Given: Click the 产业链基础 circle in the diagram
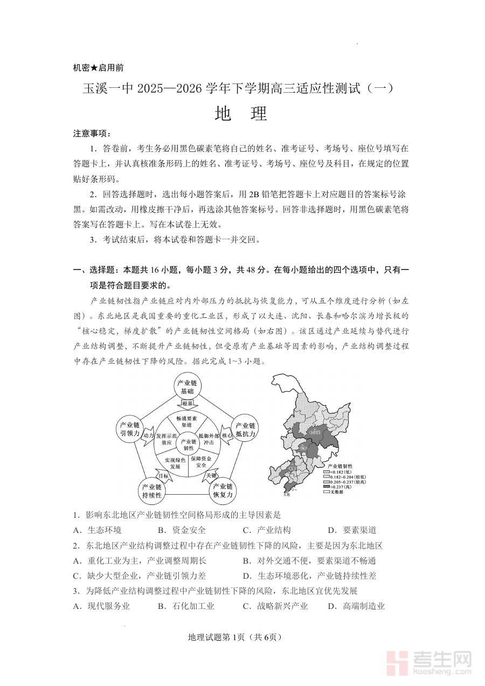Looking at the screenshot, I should tap(187, 386).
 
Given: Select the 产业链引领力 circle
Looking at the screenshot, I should tap(130, 429).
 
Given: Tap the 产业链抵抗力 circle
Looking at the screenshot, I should tap(243, 429).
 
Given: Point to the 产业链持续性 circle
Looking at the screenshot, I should tap(151, 489).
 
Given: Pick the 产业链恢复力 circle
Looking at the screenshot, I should tap(222, 489).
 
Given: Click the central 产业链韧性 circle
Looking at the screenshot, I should tap(188, 445).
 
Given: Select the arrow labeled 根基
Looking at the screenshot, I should tap(187, 404).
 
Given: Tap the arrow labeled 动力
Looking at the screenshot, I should tap(148, 435).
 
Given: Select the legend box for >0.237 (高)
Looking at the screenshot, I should tap(326, 486).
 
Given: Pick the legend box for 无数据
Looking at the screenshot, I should tap(326, 491).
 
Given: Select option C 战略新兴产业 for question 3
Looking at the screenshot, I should tap(275, 606).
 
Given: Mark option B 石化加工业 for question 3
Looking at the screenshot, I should tap(186, 606).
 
